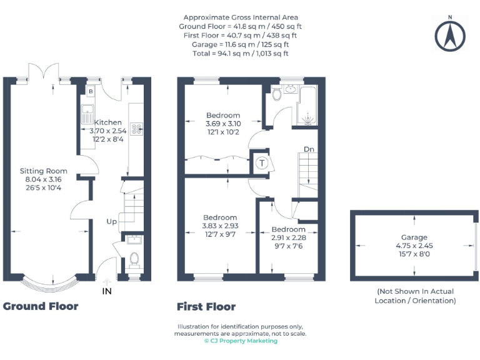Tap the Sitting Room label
[43, 171]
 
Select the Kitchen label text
[107, 122]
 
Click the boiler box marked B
[91, 92]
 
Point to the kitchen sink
[87, 115]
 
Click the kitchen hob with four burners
[137, 127]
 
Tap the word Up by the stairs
[112, 221]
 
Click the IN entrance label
[107, 291]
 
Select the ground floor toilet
[133, 259]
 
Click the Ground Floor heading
[41, 306]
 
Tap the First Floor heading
[206, 307]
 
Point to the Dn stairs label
[309, 149]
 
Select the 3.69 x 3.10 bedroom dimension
[223, 124]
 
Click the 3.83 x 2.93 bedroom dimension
[219, 226]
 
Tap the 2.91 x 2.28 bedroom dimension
[288, 237]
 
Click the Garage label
[414, 237]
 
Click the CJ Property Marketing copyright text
[241, 341]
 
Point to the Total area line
[241, 54]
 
